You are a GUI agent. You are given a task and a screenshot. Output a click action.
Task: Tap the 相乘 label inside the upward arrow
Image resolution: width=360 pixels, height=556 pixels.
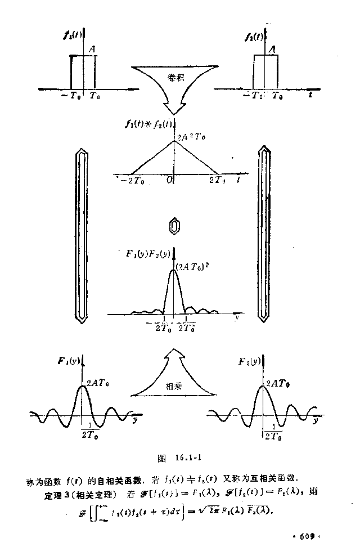tap(173, 386)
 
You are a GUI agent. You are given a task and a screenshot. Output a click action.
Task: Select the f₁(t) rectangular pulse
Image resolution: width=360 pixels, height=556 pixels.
tap(83, 71)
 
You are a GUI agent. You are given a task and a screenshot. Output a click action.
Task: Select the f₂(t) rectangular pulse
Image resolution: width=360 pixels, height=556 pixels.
tap(265, 71)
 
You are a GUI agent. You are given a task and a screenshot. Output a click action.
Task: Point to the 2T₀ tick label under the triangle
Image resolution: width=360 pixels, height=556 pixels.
tap(220, 181)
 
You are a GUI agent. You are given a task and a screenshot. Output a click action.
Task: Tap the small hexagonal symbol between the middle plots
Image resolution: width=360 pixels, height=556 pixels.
tap(175, 227)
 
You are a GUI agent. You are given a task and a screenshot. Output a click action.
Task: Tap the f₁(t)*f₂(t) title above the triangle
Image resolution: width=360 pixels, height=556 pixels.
tap(148, 125)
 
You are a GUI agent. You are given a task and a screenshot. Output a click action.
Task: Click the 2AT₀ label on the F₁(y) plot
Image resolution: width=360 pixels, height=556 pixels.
tap(98, 383)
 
